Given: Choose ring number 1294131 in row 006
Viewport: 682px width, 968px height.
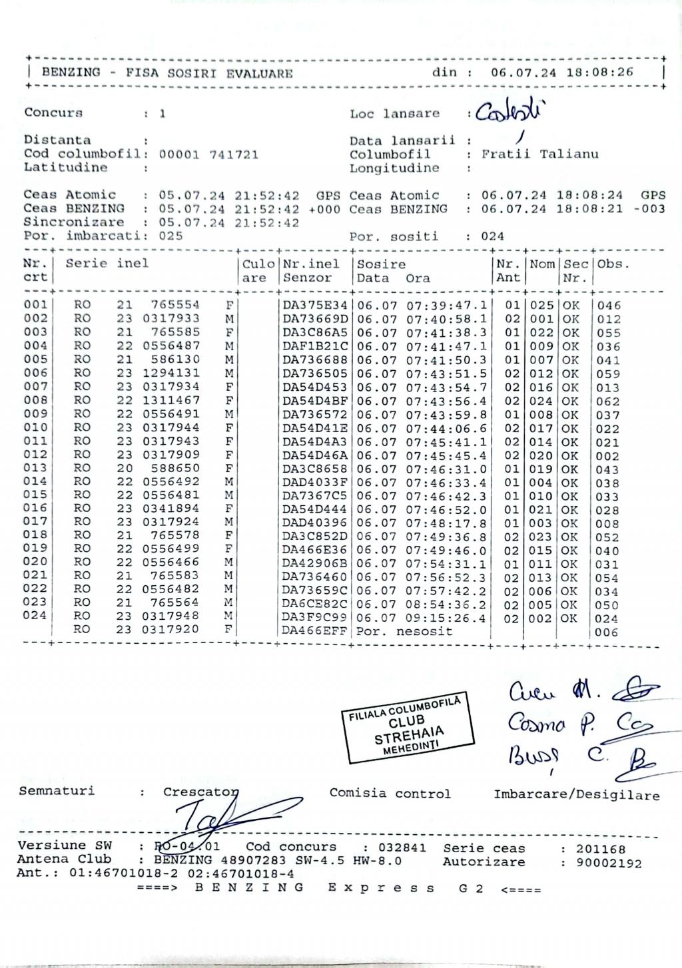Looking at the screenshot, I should point(170,373).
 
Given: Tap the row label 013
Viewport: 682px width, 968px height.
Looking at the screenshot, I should point(35,468).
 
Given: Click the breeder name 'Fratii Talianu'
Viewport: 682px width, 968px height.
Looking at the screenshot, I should point(539,154).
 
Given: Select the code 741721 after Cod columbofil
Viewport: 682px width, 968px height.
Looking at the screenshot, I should point(234,154).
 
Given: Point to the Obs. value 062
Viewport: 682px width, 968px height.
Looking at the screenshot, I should point(607,401).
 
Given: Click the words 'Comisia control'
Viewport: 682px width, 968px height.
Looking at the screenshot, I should point(390,794).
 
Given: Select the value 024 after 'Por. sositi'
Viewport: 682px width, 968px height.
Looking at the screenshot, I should point(493,236).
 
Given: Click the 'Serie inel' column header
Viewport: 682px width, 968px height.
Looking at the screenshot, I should point(107,264).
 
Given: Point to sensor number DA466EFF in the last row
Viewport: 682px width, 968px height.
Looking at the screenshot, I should point(314,631).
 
